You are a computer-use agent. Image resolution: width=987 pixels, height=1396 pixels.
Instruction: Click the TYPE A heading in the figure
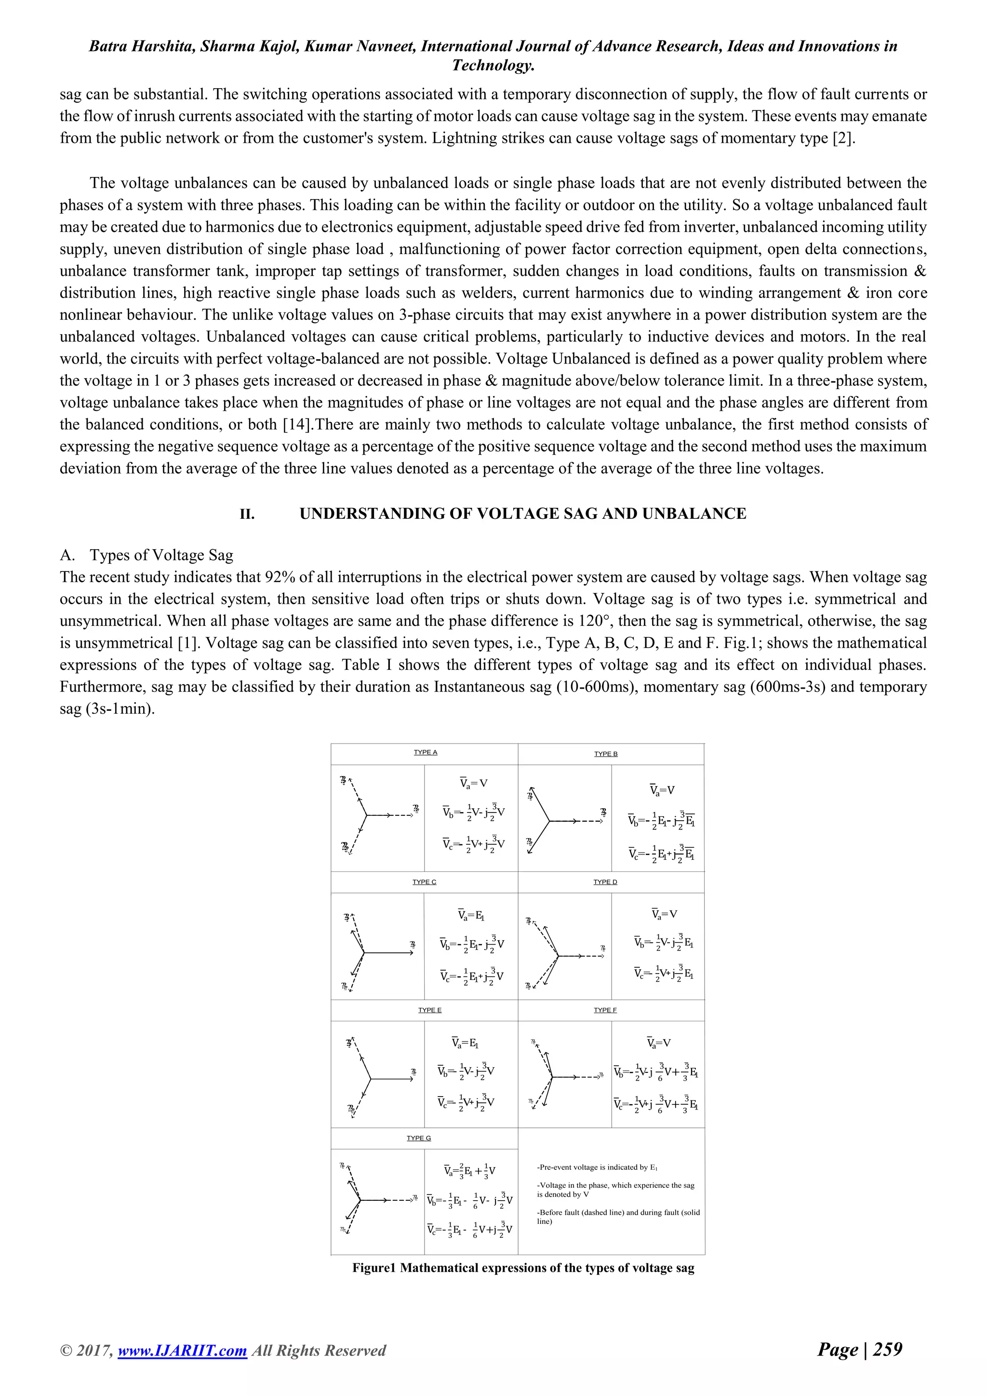[x=426, y=752]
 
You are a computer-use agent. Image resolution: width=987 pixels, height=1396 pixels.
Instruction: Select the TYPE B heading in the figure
[x=606, y=754]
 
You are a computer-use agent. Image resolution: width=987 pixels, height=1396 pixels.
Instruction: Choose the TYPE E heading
[x=430, y=1010]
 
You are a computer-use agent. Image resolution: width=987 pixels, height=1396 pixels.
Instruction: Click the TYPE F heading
[x=605, y=1010]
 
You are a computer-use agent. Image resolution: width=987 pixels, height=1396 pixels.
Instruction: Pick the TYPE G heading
[x=419, y=1138]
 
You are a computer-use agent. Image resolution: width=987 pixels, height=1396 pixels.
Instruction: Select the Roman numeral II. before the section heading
[x=247, y=515]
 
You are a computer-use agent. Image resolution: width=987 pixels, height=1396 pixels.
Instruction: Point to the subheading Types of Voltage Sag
[x=161, y=555]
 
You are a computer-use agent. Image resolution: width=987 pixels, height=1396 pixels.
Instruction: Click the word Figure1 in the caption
[x=374, y=1268]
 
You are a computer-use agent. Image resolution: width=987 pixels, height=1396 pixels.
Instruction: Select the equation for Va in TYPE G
[x=470, y=1170]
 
